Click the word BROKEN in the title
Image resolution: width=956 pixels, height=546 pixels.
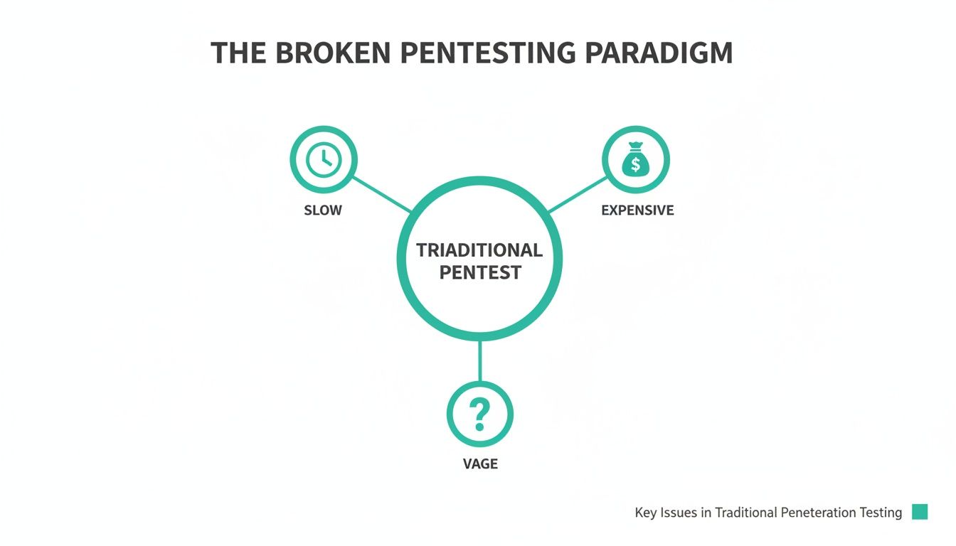point(332,54)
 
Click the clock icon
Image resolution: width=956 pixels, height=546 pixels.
point(323,160)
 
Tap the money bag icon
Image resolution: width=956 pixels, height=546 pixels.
point(635,160)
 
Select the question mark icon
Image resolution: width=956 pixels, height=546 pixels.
point(479,414)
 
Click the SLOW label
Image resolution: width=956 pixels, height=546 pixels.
point(323,210)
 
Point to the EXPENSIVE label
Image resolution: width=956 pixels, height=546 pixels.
point(637,210)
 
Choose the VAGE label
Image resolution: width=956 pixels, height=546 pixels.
point(480,464)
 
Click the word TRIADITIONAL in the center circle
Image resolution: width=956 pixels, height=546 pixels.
point(479,250)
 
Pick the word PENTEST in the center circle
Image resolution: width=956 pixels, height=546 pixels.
point(479,272)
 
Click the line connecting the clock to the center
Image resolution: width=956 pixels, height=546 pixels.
point(382,194)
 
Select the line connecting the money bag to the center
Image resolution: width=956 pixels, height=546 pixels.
point(576,194)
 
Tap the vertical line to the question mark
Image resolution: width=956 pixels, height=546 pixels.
point(479,361)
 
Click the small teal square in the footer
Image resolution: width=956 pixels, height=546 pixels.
point(920,512)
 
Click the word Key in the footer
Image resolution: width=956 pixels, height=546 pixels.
point(646,513)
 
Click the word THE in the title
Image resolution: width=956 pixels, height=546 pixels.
point(240,54)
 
